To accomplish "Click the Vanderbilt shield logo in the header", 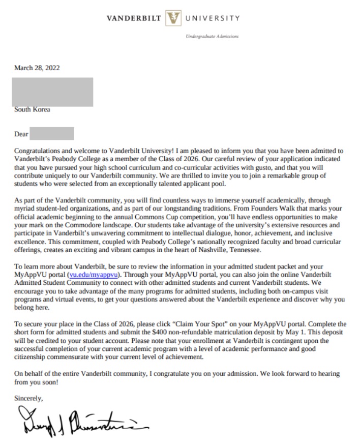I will pyautogui.click(x=174, y=19).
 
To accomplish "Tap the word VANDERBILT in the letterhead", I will pyautogui.click(x=134, y=19).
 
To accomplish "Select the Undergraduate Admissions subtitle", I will pyautogui.click(x=212, y=37).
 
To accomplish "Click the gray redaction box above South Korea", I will pyautogui.click(x=53, y=92).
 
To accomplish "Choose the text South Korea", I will pyautogui.click(x=32, y=109).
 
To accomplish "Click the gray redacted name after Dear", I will pyautogui.click(x=52, y=134).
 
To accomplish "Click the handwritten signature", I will pyautogui.click(x=76, y=422).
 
